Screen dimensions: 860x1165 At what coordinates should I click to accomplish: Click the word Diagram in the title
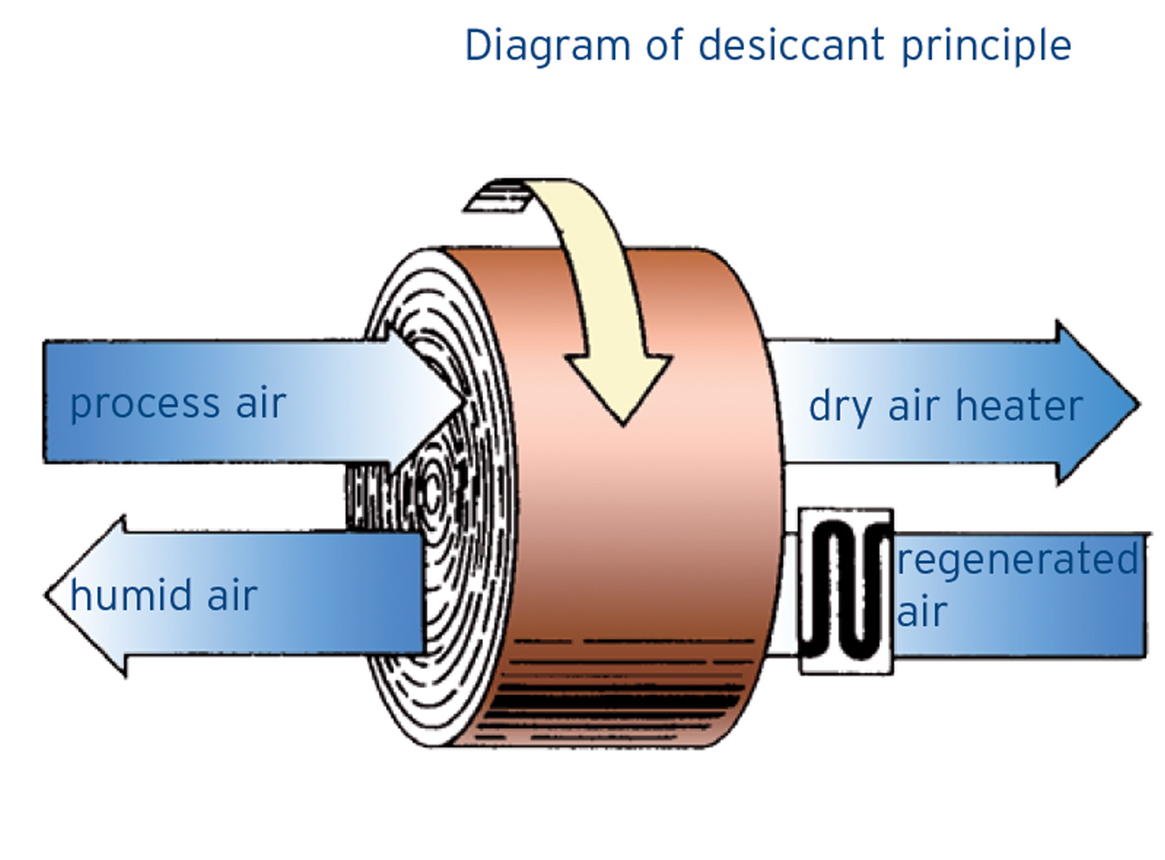(x=547, y=46)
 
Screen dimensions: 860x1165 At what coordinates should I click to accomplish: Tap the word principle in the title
(x=986, y=46)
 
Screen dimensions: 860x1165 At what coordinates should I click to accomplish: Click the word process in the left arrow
(x=144, y=405)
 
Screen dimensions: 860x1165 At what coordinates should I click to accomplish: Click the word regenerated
(x=1017, y=560)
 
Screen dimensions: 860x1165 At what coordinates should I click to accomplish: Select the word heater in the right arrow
(x=1019, y=405)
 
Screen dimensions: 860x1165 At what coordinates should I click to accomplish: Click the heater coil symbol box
(x=845, y=591)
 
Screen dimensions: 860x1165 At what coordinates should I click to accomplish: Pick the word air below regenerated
(x=921, y=612)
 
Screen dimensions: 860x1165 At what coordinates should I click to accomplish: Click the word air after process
(x=260, y=404)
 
